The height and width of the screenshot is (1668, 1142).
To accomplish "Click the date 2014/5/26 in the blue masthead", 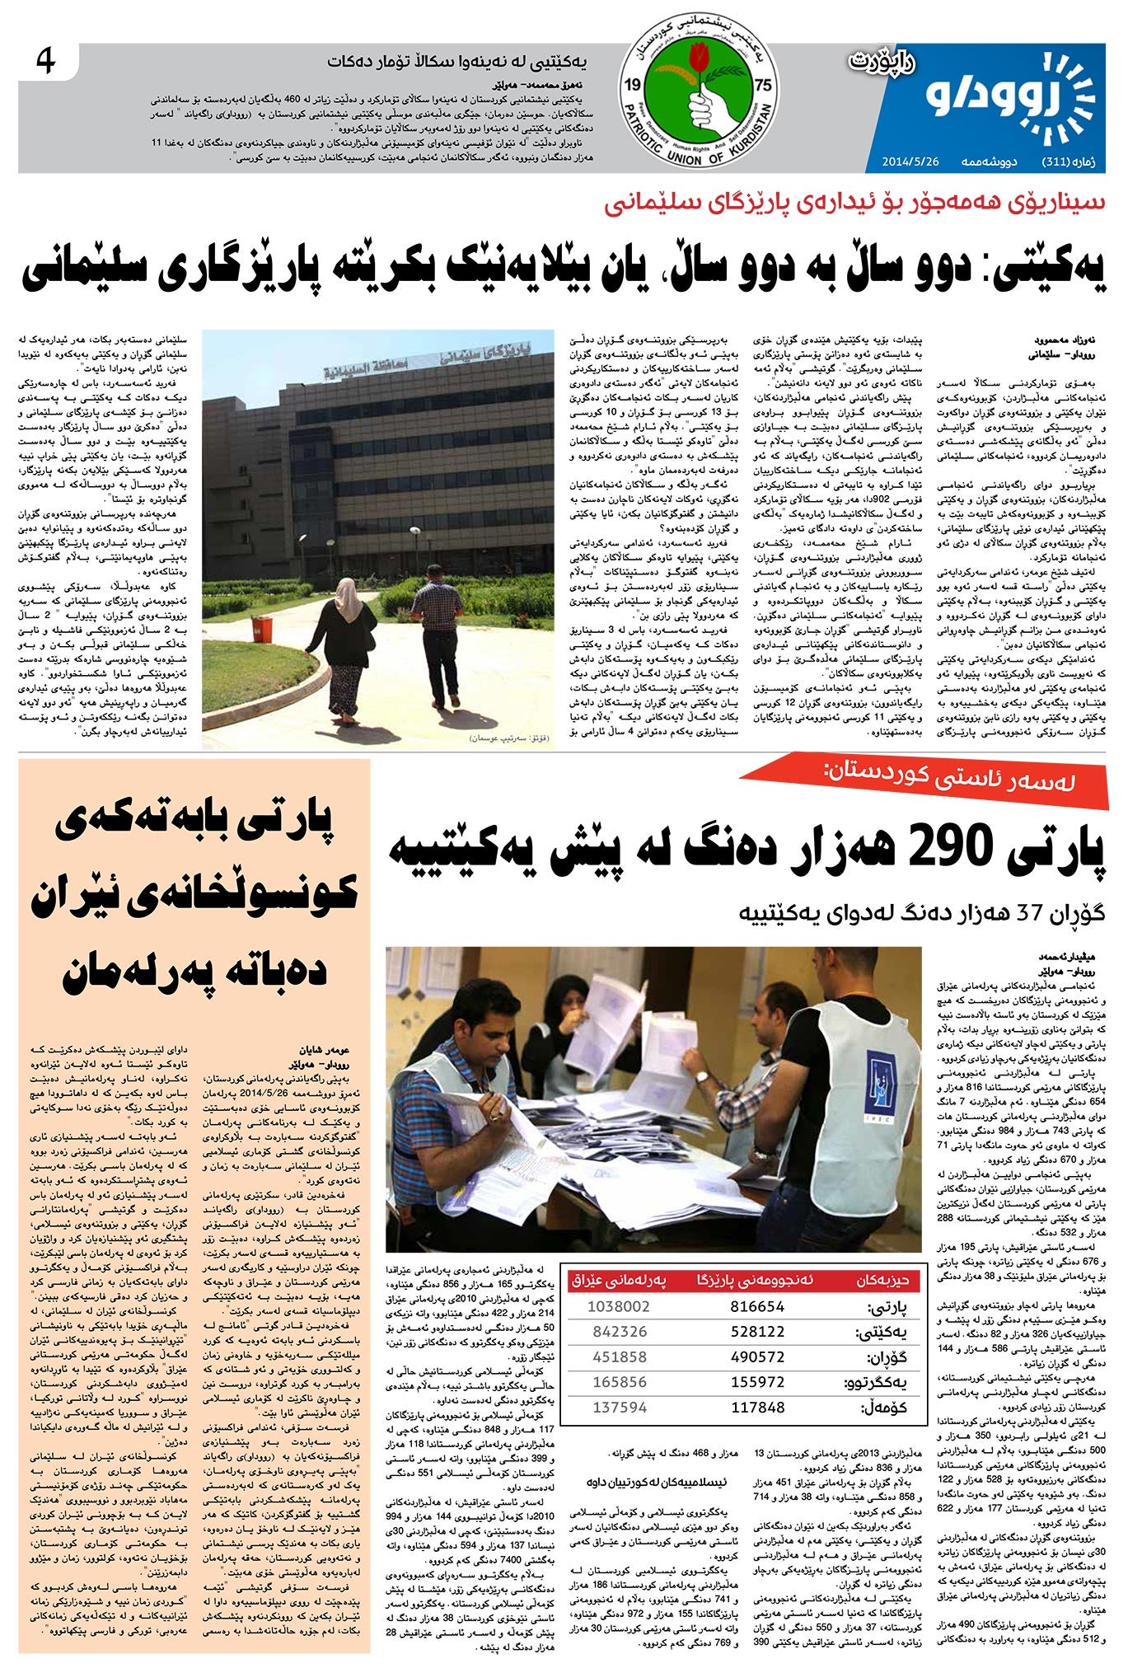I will point(905,161).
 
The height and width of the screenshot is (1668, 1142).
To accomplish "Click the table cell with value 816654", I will point(757,1307).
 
